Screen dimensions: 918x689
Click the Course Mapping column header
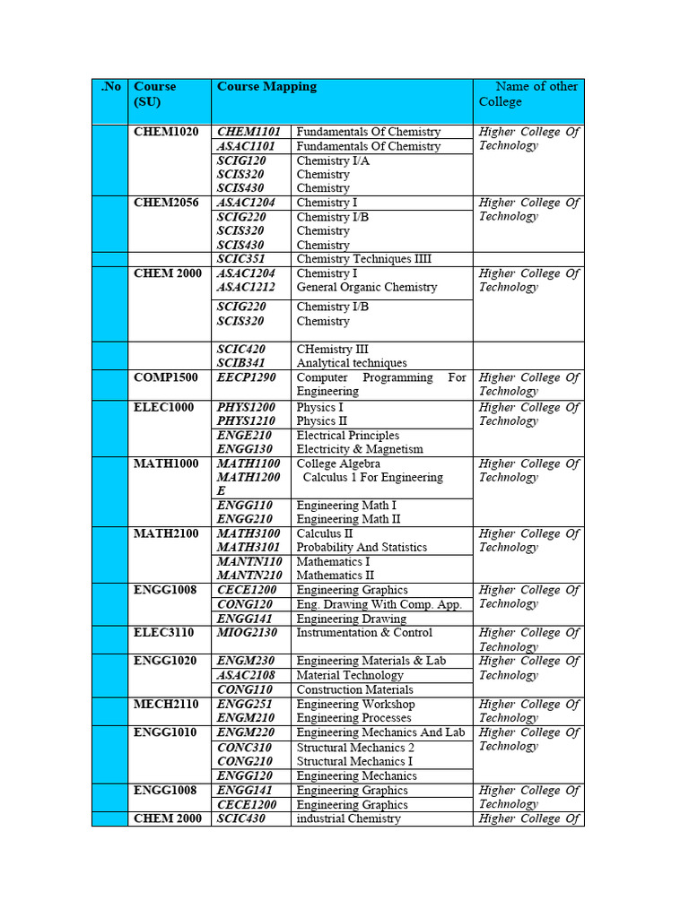[266, 87]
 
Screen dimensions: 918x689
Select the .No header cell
[110, 87]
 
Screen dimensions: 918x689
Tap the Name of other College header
[528, 94]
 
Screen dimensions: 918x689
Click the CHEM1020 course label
[166, 132]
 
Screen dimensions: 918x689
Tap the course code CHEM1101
[249, 132]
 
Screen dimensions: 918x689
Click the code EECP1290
[246, 377]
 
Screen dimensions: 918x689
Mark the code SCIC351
[241, 259]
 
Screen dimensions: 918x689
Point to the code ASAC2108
[247, 675]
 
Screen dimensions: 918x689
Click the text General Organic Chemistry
[366, 287]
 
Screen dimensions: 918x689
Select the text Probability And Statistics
[362, 547]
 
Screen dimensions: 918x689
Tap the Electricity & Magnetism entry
[359, 449]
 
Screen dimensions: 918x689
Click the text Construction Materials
[354, 689]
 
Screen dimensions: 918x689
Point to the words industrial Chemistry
[348, 818]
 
